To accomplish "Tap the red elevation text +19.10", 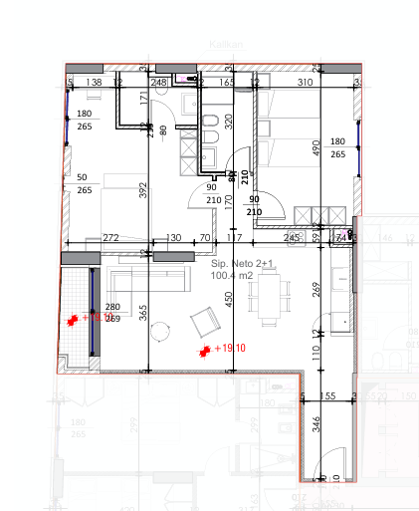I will pyautogui.click(x=230, y=350).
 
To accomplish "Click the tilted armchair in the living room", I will pyautogui.click(x=206, y=321).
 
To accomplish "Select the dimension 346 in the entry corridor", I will pyautogui.click(x=316, y=424).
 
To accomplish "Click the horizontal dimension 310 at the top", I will pyautogui.click(x=305, y=83).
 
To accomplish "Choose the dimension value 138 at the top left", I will pyautogui.click(x=96, y=83).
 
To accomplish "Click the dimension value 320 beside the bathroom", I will pyautogui.click(x=228, y=123).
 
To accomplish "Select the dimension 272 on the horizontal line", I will pyautogui.click(x=110, y=238).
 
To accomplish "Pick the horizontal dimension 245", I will pyautogui.click(x=292, y=238).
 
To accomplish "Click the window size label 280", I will pyautogui.click(x=112, y=307).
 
